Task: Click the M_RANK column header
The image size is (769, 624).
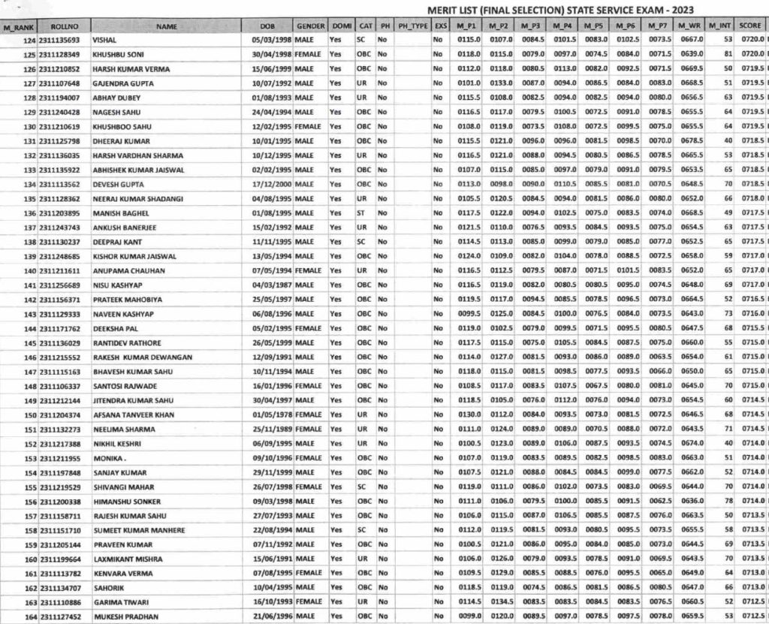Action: tap(19, 26)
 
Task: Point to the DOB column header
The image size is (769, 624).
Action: tap(266, 26)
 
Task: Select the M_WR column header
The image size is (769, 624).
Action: tap(690, 26)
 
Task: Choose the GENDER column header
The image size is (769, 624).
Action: tap(309, 26)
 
